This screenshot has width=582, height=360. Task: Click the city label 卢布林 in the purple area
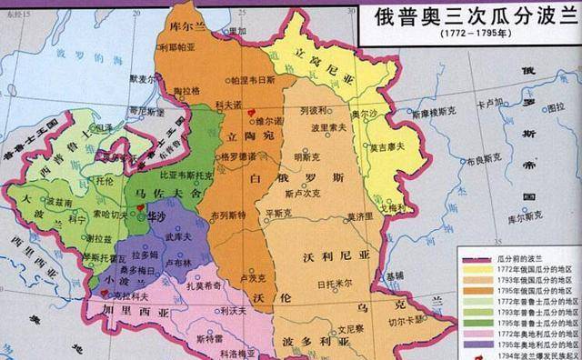coord(183,262)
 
